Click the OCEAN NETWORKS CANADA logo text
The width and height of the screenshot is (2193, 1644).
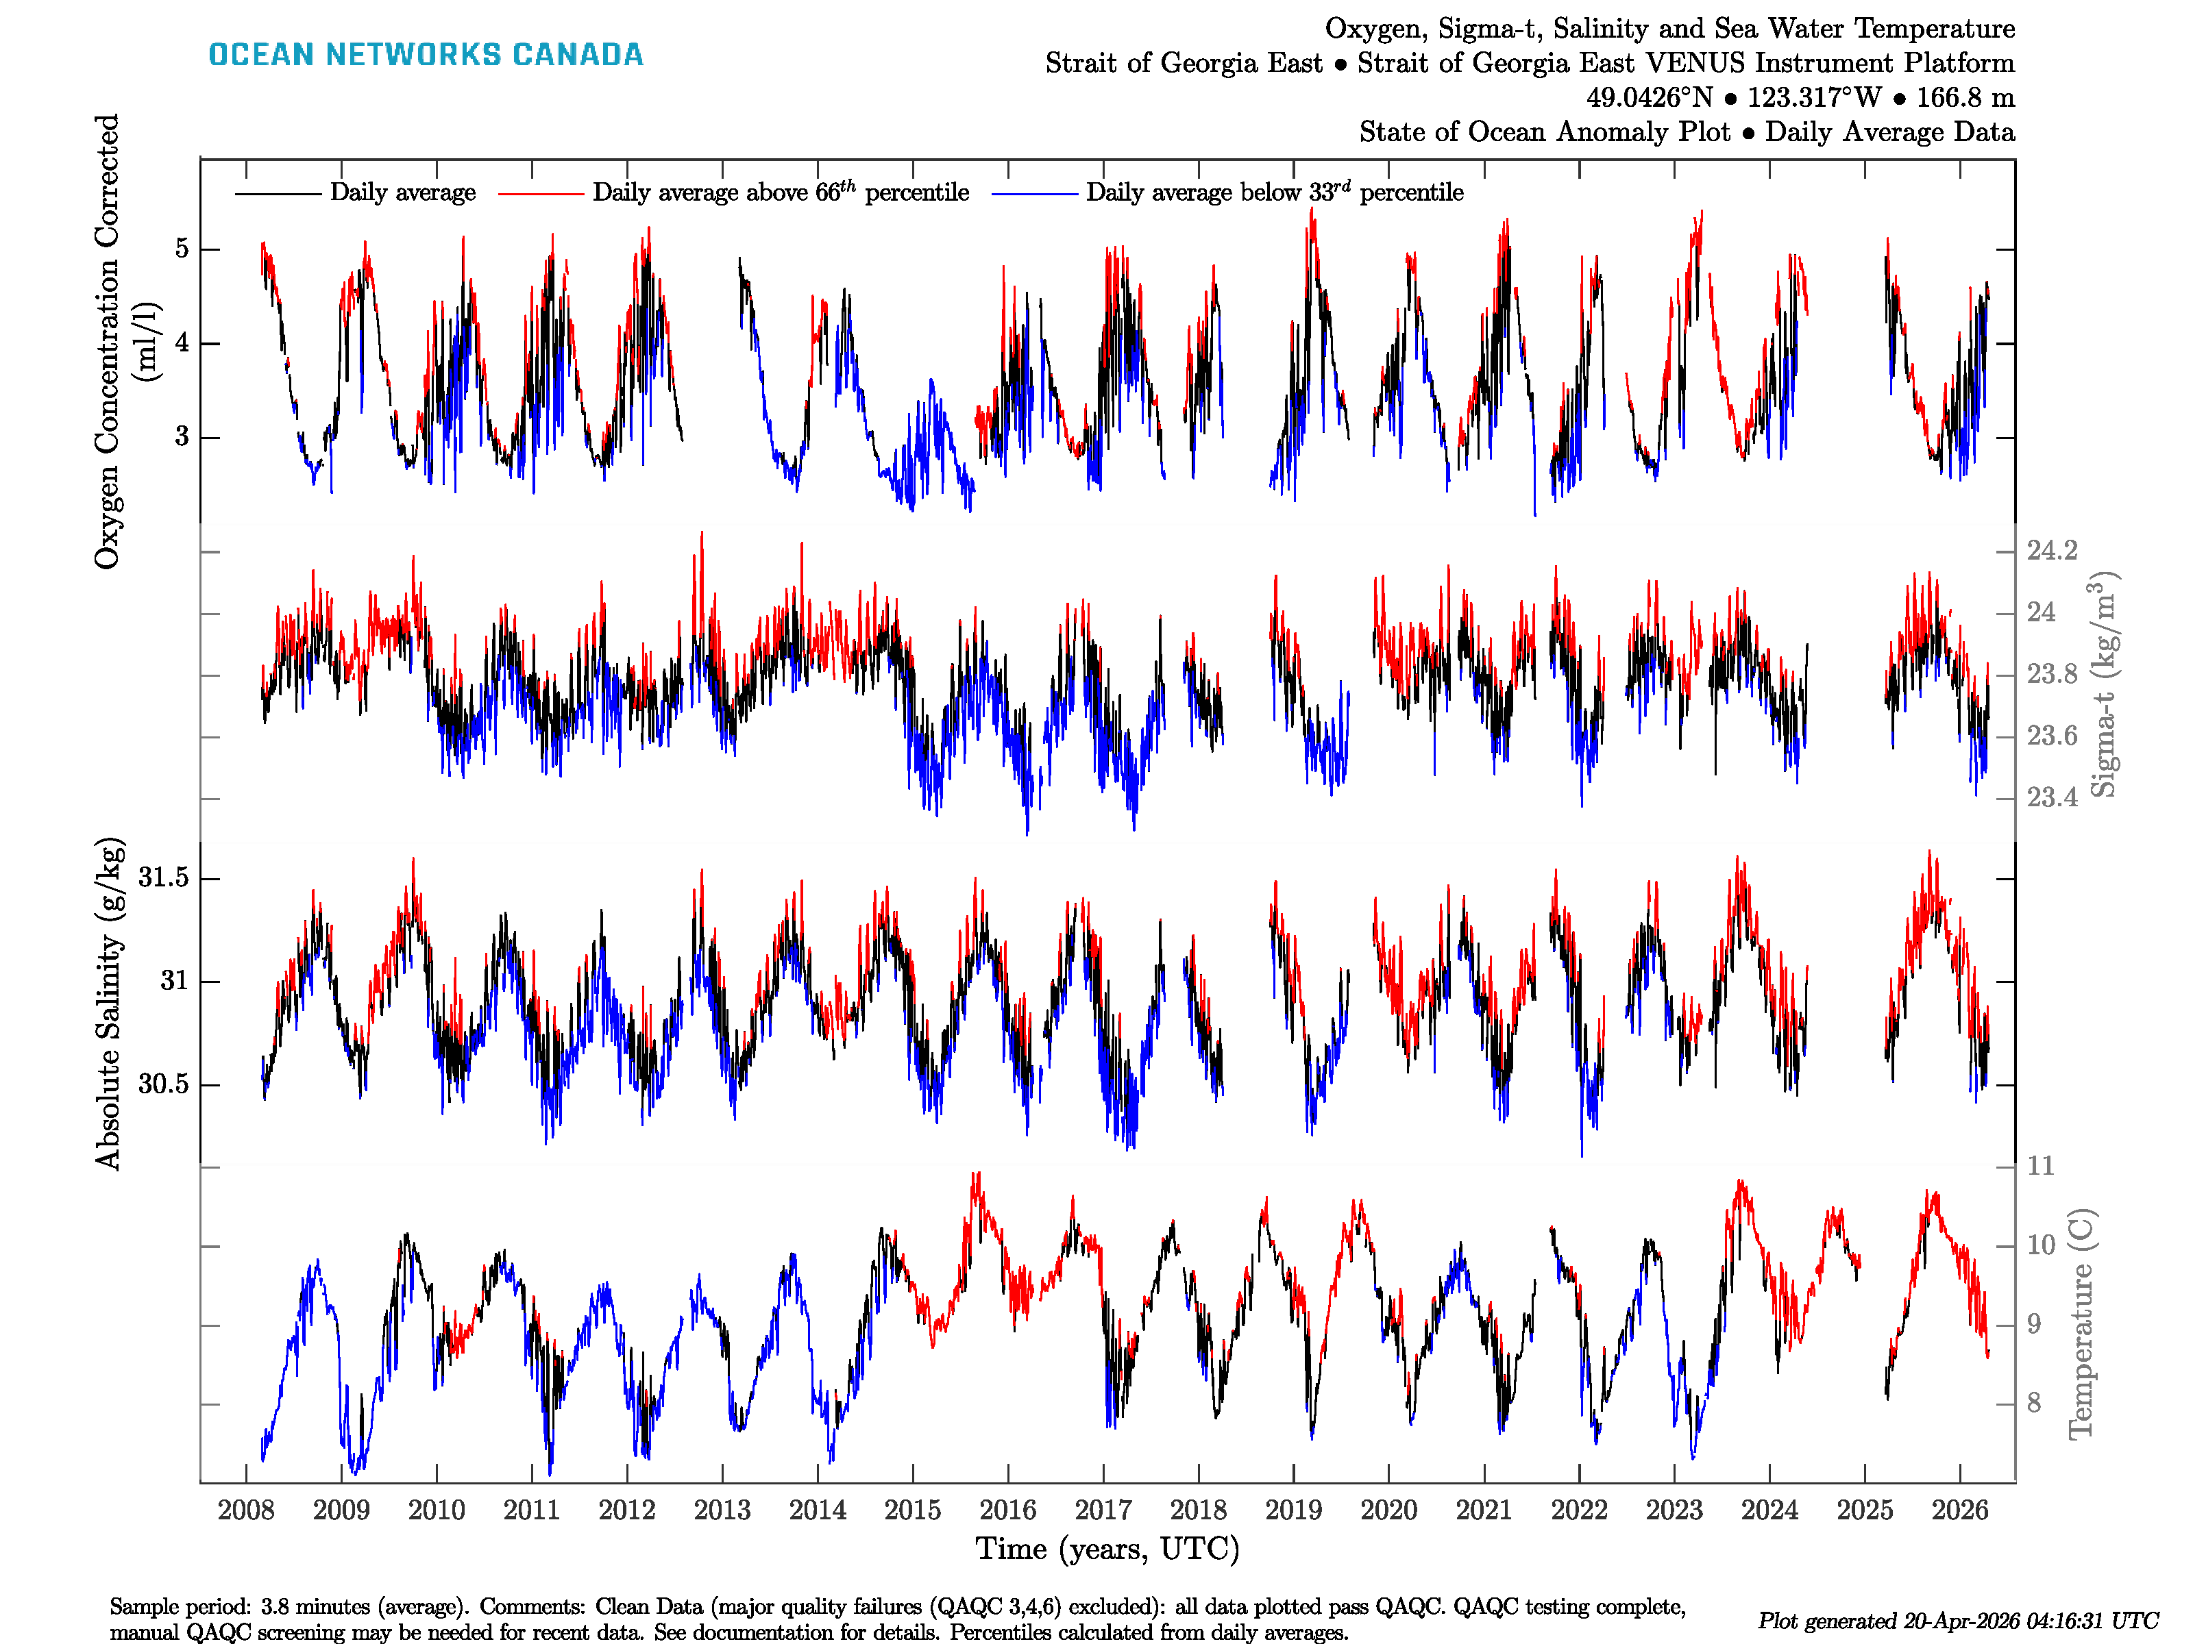tap(426, 55)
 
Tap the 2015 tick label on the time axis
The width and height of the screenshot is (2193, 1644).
tap(912, 1510)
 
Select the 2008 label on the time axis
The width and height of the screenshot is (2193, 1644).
tap(246, 1510)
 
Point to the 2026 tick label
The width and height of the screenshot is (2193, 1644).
tap(1959, 1510)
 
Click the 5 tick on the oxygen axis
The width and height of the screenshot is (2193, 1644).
tap(182, 249)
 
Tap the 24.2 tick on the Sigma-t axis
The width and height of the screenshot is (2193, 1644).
tap(2051, 551)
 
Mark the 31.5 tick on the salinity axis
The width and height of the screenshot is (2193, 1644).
tap(164, 878)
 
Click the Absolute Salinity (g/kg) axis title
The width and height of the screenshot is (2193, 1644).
tap(109, 1003)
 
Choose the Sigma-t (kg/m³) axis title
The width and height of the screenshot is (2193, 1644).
tap(2104, 684)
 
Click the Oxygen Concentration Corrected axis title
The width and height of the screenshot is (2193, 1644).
tap(107, 341)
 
